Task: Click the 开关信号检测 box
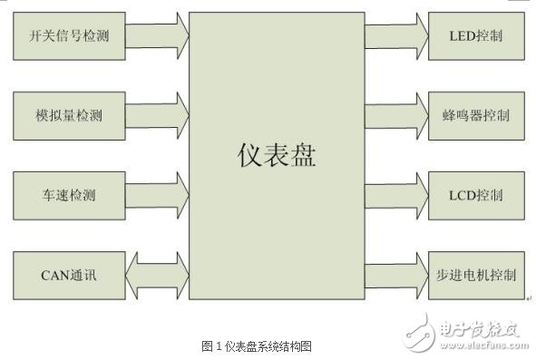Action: pyautogui.click(x=69, y=36)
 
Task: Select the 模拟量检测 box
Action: pyautogui.click(x=69, y=115)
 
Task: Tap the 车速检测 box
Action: pyautogui.click(x=69, y=195)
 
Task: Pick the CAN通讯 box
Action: pyautogui.click(x=69, y=274)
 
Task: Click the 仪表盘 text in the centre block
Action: pyautogui.click(x=277, y=155)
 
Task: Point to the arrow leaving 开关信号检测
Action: pyautogui.click(x=157, y=36)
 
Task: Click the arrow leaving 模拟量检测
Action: pyautogui.click(x=157, y=115)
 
